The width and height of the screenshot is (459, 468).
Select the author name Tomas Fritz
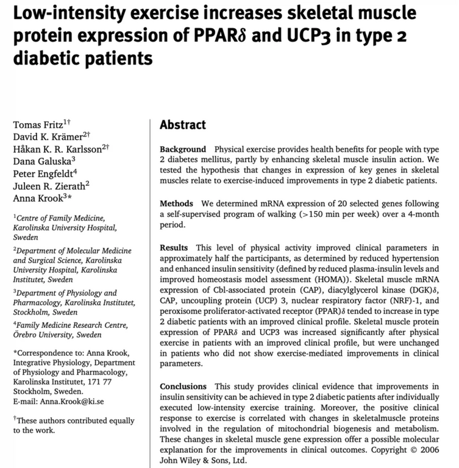36,125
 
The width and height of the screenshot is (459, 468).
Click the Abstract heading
183,125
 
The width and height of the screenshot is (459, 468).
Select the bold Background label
183,149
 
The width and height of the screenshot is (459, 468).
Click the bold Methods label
177,202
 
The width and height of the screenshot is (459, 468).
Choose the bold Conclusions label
183,387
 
